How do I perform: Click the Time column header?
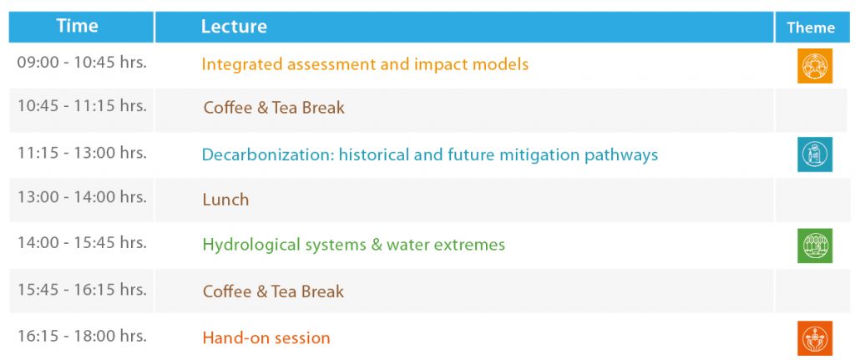click(77, 26)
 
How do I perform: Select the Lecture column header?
click(234, 26)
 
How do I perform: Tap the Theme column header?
click(810, 28)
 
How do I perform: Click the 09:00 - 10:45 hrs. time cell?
click(82, 62)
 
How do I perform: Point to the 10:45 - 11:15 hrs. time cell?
click(82, 105)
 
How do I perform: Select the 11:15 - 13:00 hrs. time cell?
click(82, 153)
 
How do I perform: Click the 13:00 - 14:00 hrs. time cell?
click(82, 196)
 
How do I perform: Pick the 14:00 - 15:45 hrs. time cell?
click(82, 242)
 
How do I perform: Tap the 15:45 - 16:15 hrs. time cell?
click(82, 289)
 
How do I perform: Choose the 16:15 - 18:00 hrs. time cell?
click(82, 336)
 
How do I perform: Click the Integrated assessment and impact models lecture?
click(365, 64)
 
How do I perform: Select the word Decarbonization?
click(267, 155)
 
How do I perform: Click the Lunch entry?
click(225, 200)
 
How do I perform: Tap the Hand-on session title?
click(266, 338)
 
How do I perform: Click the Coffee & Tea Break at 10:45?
click(274, 108)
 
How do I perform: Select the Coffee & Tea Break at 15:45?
click(273, 292)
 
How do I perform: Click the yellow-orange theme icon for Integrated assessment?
click(815, 65)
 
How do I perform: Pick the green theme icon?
click(815, 246)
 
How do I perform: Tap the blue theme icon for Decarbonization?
click(815, 155)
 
